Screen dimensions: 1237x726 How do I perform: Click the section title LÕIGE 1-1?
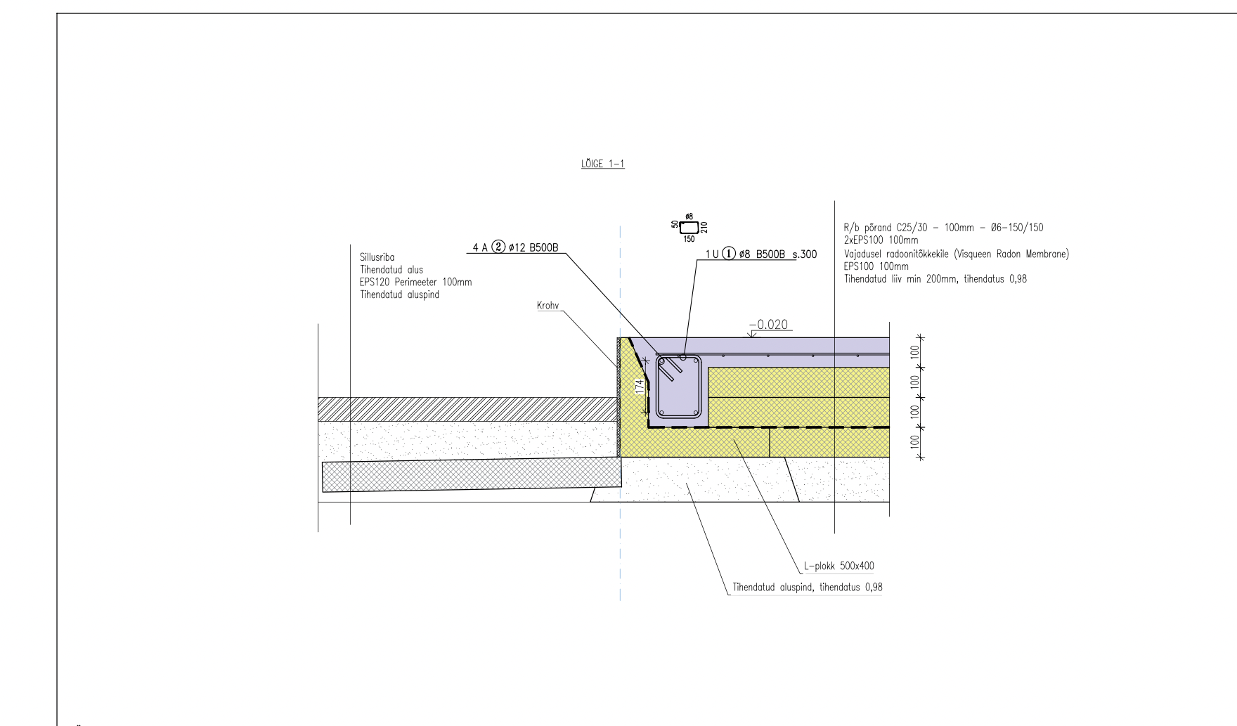pos(603,164)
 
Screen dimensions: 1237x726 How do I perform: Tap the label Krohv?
pos(548,306)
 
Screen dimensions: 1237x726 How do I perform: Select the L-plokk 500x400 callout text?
pos(839,566)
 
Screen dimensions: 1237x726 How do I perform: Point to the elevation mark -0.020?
pos(769,325)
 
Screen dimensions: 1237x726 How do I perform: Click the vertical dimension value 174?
pos(640,387)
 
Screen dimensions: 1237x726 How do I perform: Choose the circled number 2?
pos(499,248)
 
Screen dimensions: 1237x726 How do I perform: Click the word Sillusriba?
pos(377,258)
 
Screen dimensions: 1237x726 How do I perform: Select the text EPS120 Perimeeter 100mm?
pos(416,283)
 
